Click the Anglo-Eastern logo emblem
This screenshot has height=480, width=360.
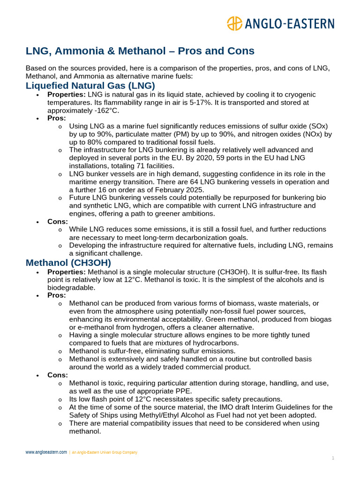click(234, 23)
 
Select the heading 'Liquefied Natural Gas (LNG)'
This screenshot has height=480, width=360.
click(90, 85)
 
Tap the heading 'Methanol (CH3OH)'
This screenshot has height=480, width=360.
click(68, 263)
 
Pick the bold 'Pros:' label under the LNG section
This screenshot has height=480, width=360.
click(57, 118)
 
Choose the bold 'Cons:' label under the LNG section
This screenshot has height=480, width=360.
click(58, 221)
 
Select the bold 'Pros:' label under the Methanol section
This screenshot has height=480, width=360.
click(57, 295)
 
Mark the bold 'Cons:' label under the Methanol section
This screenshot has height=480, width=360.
click(58, 375)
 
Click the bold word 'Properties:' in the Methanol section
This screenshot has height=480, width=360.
click(67, 272)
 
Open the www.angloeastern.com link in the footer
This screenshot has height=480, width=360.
click(46, 452)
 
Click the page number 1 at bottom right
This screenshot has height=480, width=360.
click(333, 458)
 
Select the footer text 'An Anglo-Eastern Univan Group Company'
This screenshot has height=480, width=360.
click(105, 452)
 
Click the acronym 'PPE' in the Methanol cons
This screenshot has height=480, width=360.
click(182, 391)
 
